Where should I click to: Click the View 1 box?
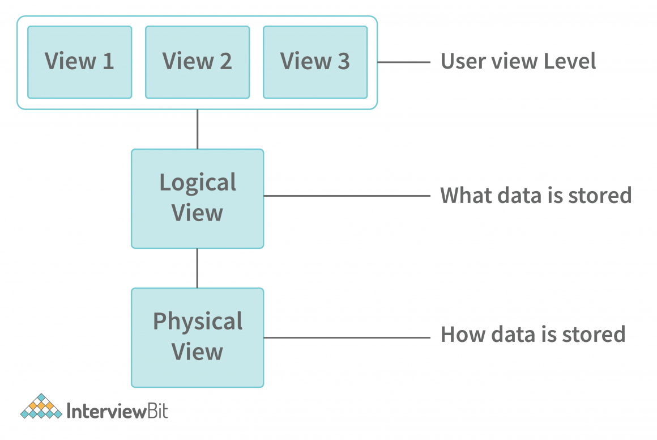click(79, 62)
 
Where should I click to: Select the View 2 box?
click(197, 62)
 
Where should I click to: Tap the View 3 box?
click(315, 62)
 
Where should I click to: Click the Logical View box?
click(197, 198)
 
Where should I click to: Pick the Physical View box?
click(197, 337)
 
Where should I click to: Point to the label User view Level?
click(518, 61)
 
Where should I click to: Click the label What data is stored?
click(536, 196)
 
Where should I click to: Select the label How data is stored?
click(533, 335)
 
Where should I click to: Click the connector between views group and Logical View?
click(197, 129)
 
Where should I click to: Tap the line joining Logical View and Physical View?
click(197, 268)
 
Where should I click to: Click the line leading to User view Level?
click(404, 62)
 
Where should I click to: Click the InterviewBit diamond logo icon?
click(41, 407)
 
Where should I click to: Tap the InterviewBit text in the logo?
click(117, 410)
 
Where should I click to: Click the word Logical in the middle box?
click(198, 183)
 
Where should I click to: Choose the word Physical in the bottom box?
click(198, 322)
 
